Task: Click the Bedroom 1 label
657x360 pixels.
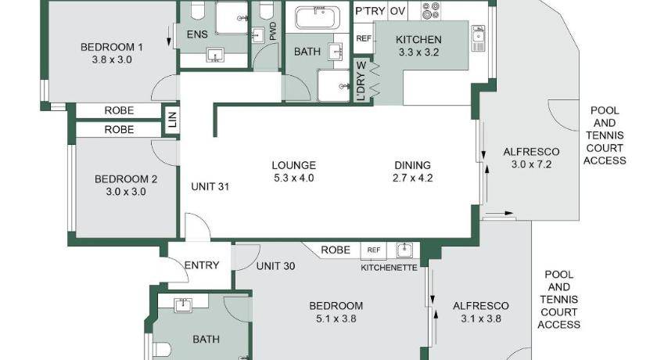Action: (x=111, y=47)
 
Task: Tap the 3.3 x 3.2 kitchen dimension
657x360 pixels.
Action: (x=418, y=52)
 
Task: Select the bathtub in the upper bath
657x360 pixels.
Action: (x=318, y=18)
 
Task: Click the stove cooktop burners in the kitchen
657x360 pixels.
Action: (x=431, y=11)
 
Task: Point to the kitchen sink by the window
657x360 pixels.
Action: (x=478, y=38)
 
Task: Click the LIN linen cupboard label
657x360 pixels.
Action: (x=172, y=119)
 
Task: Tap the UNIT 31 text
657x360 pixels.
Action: (x=210, y=186)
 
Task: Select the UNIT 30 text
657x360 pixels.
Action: (x=275, y=266)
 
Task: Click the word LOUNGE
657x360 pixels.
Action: (x=294, y=165)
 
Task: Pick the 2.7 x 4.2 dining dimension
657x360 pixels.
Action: (x=413, y=178)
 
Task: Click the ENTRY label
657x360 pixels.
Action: (x=202, y=265)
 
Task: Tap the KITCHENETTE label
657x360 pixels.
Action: (x=389, y=268)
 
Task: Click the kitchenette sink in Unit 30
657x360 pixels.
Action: (x=404, y=250)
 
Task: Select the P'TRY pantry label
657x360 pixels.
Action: (x=370, y=11)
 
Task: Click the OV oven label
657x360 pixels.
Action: (x=397, y=11)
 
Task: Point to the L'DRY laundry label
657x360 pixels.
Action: (x=361, y=81)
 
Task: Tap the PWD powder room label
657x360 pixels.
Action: (x=273, y=31)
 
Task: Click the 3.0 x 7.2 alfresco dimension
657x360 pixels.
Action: (x=531, y=164)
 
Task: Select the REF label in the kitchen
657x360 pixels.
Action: (x=364, y=38)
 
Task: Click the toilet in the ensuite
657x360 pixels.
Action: (x=197, y=10)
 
